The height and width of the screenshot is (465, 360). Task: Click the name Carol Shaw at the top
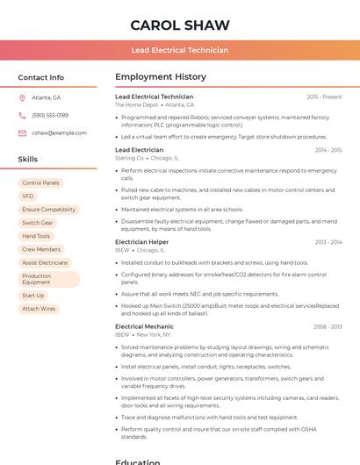pyautogui.click(x=180, y=25)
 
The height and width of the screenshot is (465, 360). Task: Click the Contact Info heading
pyautogui.click(x=41, y=77)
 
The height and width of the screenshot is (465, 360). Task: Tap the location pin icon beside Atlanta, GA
pyautogui.click(x=22, y=97)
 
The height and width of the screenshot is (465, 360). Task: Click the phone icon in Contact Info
pyautogui.click(x=22, y=115)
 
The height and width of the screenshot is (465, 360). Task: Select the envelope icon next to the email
pyautogui.click(x=22, y=132)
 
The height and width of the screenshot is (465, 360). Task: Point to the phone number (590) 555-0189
pyautogui.click(x=50, y=115)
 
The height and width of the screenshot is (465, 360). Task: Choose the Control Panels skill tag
pyautogui.click(x=40, y=182)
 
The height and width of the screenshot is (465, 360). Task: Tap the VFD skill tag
pyautogui.click(x=28, y=196)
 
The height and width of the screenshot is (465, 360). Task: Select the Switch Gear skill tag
pyautogui.click(x=38, y=223)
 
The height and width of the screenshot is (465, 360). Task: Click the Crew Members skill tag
pyautogui.click(x=41, y=249)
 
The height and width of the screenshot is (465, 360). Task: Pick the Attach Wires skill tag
pyautogui.click(x=39, y=309)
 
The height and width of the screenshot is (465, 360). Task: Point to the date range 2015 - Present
pyautogui.click(x=324, y=97)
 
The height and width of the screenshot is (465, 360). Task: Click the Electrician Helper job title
pyautogui.click(x=141, y=242)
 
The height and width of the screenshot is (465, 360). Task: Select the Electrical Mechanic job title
pyautogui.click(x=144, y=326)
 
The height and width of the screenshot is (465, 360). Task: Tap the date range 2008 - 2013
pyautogui.click(x=328, y=326)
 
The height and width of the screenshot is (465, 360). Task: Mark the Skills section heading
pyautogui.click(x=28, y=160)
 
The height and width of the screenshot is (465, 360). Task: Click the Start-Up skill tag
pyautogui.click(x=33, y=296)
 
